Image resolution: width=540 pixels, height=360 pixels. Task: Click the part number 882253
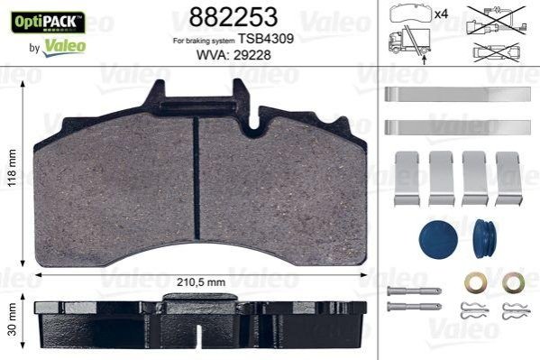pos(233,17)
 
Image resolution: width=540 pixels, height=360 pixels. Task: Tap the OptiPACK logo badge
pos(48,23)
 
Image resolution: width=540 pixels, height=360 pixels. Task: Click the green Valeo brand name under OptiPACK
pos(65,47)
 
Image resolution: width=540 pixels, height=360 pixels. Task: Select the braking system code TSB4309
pos(266,39)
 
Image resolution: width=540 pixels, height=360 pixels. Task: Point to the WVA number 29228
pos(252,55)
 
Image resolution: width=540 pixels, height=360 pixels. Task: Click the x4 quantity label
pos(441,14)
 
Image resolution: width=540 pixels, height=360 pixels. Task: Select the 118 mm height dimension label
pos(13,168)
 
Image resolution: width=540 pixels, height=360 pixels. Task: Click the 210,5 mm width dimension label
pos(201,282)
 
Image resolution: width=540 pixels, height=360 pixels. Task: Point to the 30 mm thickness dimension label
pos(13,319)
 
